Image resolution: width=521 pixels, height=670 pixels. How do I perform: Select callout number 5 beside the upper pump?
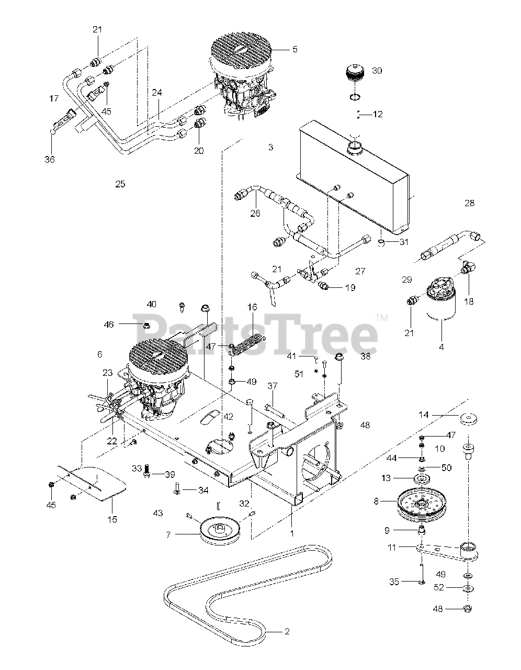[x=295, y=49]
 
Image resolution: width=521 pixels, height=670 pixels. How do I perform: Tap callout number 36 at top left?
[x=50, y=159]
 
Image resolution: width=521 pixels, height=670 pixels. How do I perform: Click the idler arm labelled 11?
[x=445, y=552]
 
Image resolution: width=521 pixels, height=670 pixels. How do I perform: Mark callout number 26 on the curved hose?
[x=255, y=214]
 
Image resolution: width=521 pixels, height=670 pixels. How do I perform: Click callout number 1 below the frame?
[x=292, y=533]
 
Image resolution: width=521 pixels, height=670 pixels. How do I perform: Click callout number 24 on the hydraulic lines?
[x=157, y=93]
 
